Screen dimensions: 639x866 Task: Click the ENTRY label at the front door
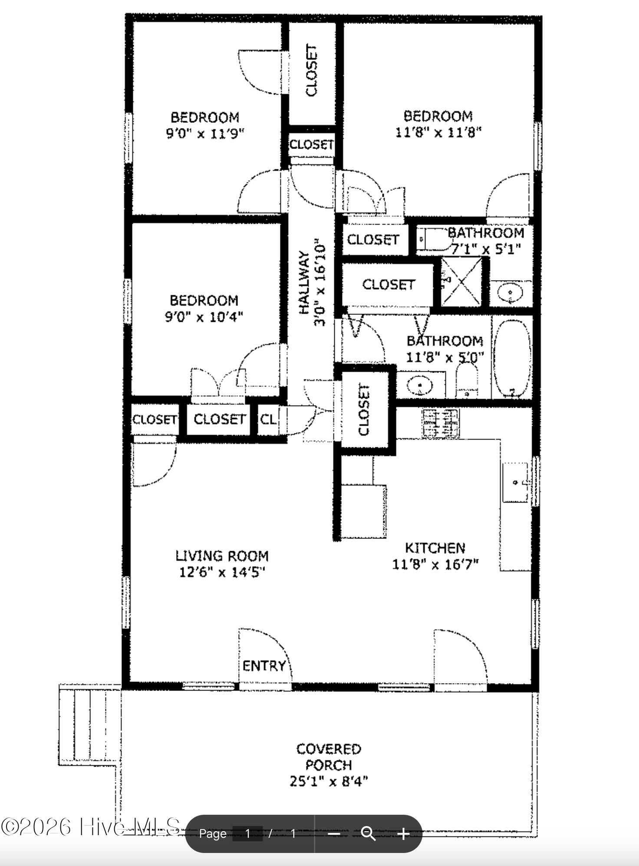(264, 666)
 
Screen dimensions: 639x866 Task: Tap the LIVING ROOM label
(222, 556)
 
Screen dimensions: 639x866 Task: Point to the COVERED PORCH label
(329, 757)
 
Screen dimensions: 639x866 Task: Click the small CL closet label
(267, 419)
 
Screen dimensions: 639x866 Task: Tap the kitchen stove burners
(440, 423)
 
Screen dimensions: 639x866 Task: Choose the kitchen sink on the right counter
(516, 482)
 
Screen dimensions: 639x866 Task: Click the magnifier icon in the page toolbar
(369, 833)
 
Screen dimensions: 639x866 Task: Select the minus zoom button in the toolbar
(333, 833)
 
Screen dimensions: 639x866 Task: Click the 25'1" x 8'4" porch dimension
(329, 781)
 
